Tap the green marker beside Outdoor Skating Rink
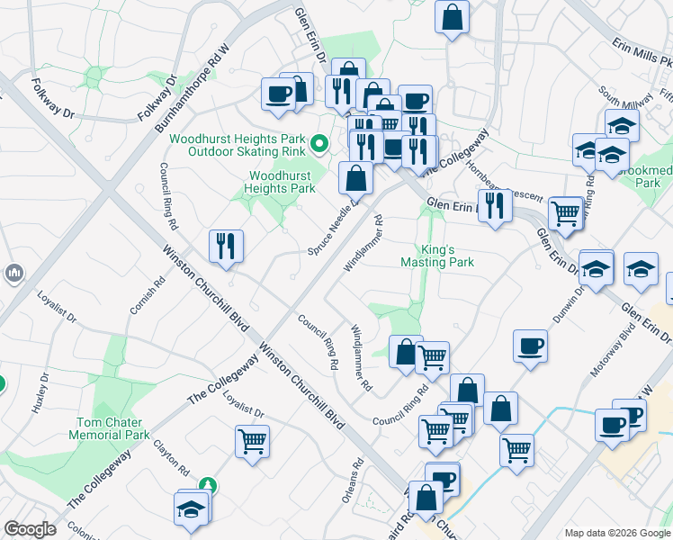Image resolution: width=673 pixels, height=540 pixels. pyautogui.click(x=318, y=143)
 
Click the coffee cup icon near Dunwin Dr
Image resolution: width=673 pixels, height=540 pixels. pyautogui.click(x=531, y=346)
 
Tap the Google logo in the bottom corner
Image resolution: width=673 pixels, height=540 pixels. pyautogui.click(x=30, y=529)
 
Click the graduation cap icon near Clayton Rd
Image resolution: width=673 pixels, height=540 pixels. pyautogui.click(x=192, y=508)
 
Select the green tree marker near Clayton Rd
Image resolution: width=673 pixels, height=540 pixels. pyautogui.click(x=209, y=486)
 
